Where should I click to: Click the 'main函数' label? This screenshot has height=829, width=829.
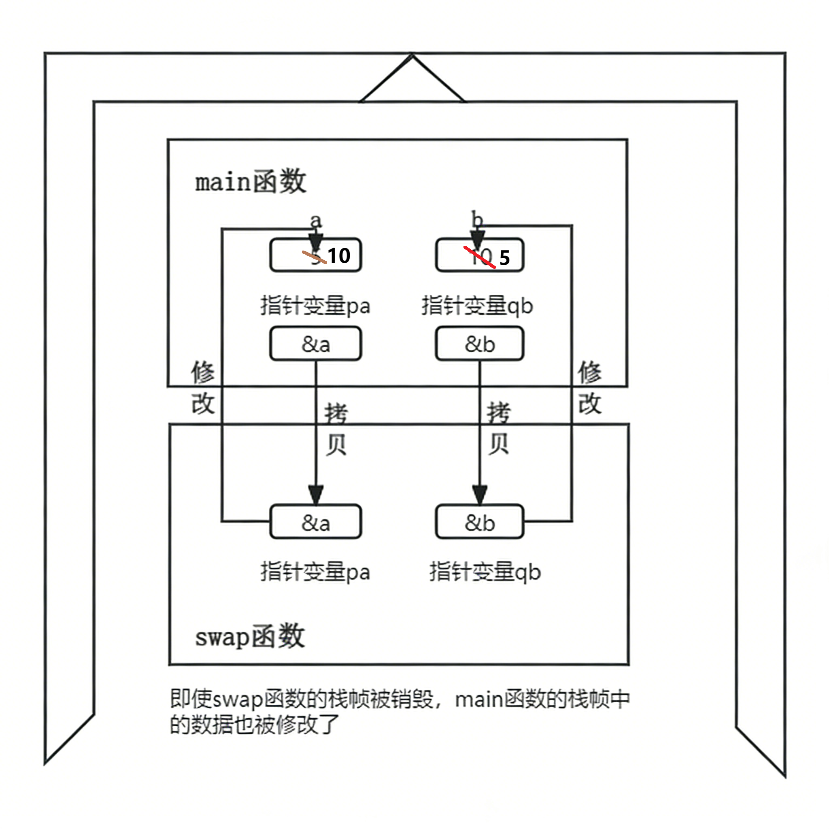tap(251, 182)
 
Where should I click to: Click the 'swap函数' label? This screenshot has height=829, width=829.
tap(250, 637)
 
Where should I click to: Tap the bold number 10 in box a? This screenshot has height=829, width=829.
tap(339, 256)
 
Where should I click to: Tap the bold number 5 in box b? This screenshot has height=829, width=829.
tap(505, 258)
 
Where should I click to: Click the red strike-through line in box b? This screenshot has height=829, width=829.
tap(480, 257)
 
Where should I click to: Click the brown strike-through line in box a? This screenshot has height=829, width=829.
tap(314, 257)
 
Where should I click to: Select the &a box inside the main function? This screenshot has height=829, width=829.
tap(316, 344)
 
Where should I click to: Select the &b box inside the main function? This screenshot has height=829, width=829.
tap(480, 344)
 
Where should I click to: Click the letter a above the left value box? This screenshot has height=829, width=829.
tap(316, 221)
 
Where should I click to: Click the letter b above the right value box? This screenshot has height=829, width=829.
tap(477, 219)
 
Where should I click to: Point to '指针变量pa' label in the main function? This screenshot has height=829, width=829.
tap(315, 306)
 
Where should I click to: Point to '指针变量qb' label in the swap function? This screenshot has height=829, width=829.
tap(485, 572)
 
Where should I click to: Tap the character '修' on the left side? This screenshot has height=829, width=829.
tap(203, 372)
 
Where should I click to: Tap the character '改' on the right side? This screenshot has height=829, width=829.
tap(590, 403)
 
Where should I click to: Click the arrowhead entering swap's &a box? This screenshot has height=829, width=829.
tap(316, 495)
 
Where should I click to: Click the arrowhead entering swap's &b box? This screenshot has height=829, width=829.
tap(480, 495)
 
